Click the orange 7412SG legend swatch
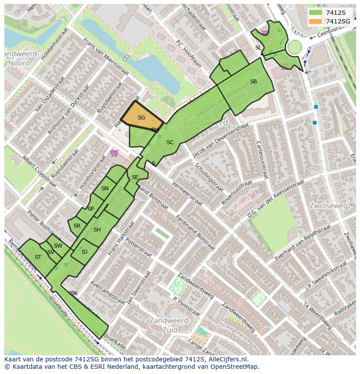(316, 21)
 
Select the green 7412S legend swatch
(316, 13)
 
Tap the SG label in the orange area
(141, 118)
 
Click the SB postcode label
(253, 82)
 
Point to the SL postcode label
(258, 48)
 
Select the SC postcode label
(170, 142)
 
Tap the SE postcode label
(135, 177)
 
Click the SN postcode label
(105, 189)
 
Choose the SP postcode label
(90, 209)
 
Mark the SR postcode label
(77, 226)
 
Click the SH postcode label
(97, 230)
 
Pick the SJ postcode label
(84, 252)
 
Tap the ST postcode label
(38, 257)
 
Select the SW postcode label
(58, 246)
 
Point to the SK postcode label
(74, 293)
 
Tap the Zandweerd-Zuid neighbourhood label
(170, 325)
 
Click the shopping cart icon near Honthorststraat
(114, 152)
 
